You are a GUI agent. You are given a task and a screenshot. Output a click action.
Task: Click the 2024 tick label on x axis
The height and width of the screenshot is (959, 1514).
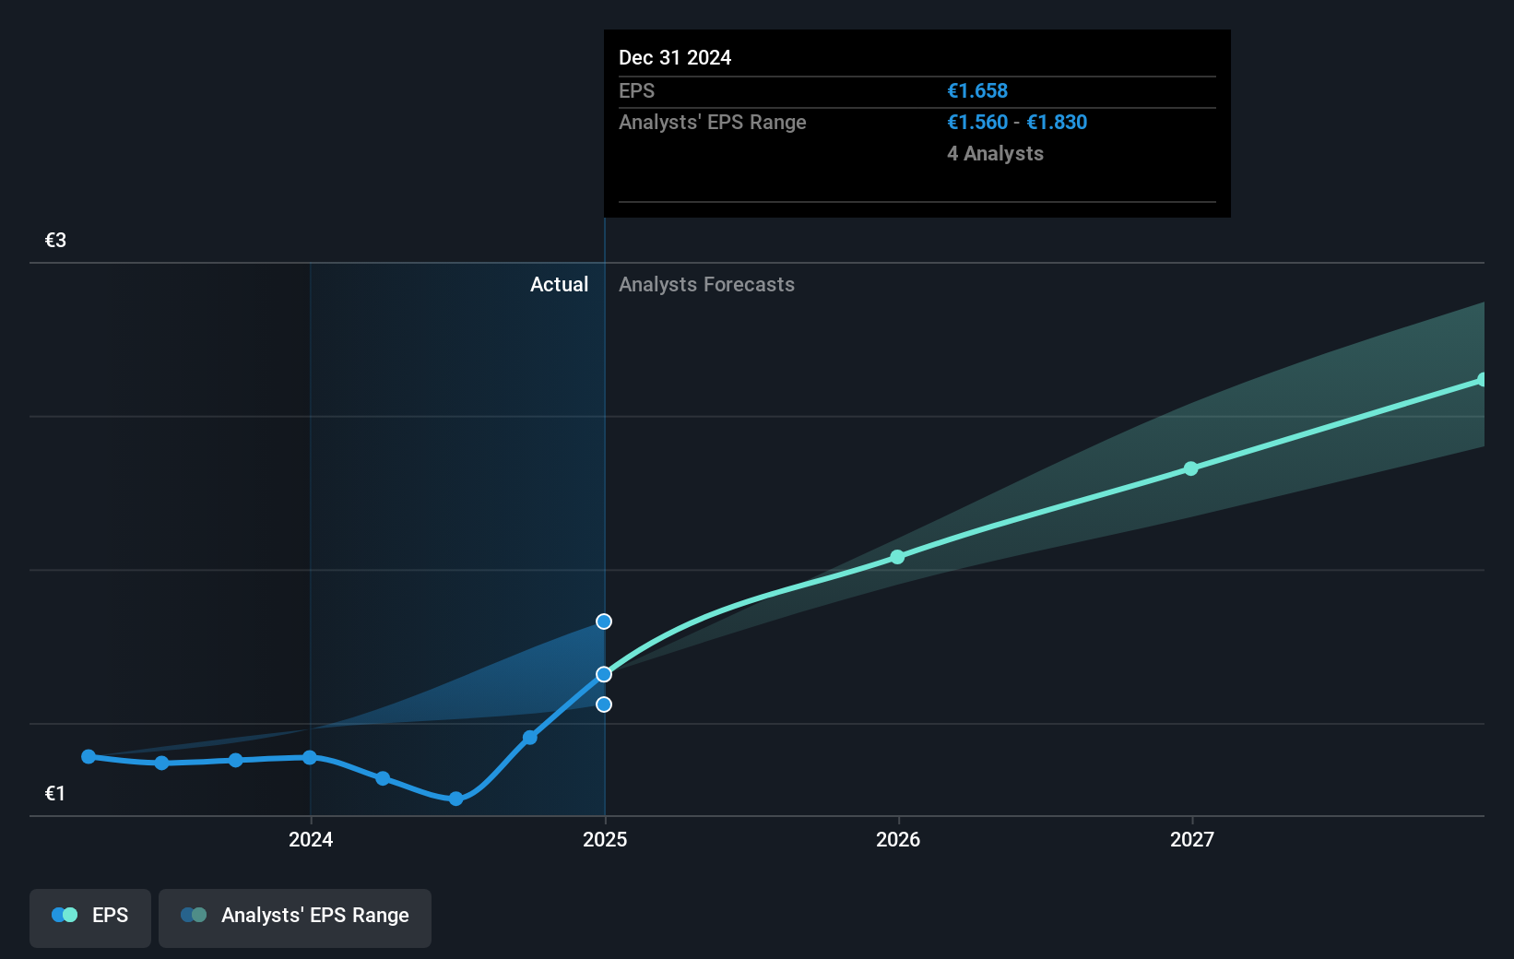pos(311,839)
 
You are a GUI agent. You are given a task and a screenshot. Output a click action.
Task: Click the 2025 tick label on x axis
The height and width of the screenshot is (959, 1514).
pos(605,839)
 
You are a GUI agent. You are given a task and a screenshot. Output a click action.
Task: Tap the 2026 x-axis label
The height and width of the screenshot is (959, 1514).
pos(898,839)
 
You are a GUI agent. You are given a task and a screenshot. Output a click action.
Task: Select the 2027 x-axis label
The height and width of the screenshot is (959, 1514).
pos(1192,839)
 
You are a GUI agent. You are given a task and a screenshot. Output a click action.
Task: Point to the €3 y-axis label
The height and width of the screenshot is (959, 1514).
pos(55,241)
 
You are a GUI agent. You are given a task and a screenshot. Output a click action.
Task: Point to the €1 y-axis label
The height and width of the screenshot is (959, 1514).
pos(55,794)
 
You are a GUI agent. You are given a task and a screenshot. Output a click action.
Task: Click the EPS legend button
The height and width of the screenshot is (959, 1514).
pos(90,916)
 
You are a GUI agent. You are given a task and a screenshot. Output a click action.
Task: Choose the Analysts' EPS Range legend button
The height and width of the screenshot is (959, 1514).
pos(295,916)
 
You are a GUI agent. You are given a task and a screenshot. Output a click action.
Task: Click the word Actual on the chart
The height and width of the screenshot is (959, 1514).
pos(559,285)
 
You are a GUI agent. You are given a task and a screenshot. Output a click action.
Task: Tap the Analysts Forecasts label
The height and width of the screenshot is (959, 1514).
pos(706,285)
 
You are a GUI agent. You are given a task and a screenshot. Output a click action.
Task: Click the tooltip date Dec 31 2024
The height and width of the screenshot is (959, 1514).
pos(675,58)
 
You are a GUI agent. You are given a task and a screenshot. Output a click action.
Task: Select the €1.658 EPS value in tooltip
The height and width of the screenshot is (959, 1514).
pos(977,91)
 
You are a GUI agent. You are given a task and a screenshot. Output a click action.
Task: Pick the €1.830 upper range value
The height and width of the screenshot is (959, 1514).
pos(1057,123)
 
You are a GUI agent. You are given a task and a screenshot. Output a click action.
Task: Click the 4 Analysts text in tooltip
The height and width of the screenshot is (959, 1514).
pos(995,154)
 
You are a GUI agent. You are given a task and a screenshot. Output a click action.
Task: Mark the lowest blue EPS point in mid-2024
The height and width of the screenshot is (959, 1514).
pos(456,799)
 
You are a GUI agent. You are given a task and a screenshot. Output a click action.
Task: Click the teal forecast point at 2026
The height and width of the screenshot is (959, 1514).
pos(898,557)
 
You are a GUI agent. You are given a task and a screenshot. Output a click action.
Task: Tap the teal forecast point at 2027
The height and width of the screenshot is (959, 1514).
pos(1191,468)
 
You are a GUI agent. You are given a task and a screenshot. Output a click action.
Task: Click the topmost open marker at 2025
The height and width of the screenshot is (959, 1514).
pos(604,622)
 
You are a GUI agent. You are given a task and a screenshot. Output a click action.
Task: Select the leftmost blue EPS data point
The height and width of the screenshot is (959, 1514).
pos(89,756)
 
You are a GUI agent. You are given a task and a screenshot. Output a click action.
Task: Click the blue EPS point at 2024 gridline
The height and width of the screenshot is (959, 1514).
pos(310,757)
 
